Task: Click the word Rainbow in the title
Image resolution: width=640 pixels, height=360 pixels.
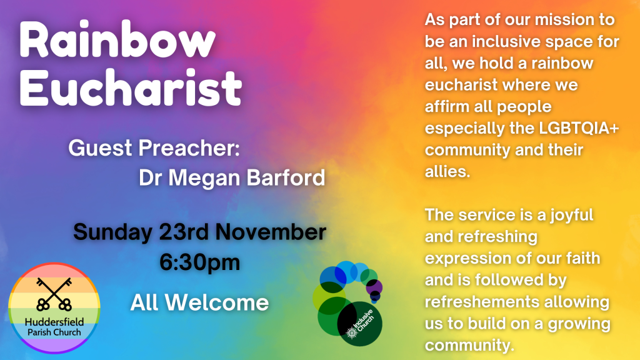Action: tap(117, 39)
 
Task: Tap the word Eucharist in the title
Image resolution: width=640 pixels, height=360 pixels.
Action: tap(131, 87)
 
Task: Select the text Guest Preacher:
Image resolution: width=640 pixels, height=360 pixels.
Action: tap(154, 147)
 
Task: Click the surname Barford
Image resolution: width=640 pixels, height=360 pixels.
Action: tap(286, 177)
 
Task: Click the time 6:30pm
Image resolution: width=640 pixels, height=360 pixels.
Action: tap(199, 262)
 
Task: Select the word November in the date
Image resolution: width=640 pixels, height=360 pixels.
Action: tap(271, 232)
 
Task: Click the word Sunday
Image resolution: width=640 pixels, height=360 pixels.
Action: tap(112, 232)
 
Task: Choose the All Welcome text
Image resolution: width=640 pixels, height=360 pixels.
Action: tap(199, 303)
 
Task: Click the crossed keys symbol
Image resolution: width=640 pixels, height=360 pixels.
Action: tap(54, 294)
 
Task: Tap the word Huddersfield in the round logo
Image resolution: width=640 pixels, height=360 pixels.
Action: tap(54, 322)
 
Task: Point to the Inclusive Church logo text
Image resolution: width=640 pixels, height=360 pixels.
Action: tap(361, 323)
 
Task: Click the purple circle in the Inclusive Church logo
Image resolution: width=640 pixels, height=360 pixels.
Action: tap(374, 287)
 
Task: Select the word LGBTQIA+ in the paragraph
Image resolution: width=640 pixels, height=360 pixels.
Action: tap(579, 128)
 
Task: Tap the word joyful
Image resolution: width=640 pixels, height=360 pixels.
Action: tap(571, 216)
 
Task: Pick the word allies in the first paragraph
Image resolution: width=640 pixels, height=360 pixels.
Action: tap(447, 171)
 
